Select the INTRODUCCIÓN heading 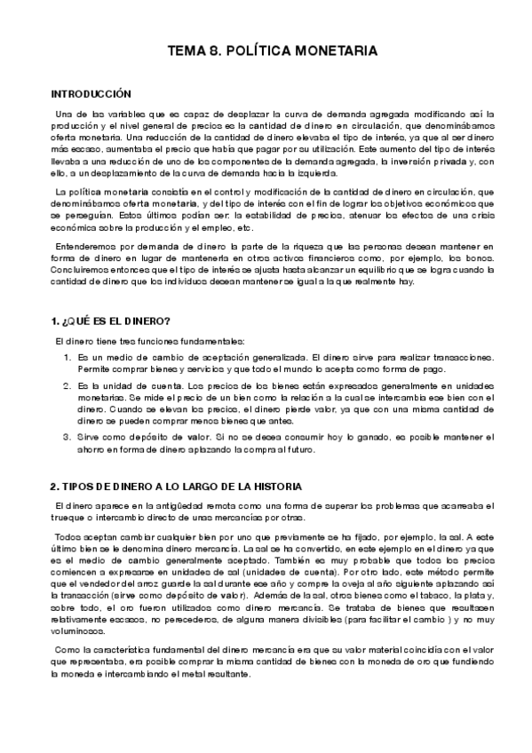[x=91, y=93]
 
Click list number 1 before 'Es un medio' [x=67, y=356]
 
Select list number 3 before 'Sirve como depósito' [x=67, y=436]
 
